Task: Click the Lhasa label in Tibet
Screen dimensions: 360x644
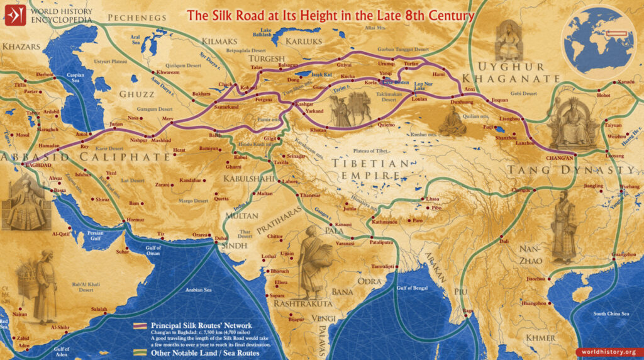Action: tap(433, 199)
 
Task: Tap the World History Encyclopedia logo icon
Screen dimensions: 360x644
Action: tap(14, 14)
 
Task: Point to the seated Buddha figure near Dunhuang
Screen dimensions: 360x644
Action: tap(452, 120)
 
